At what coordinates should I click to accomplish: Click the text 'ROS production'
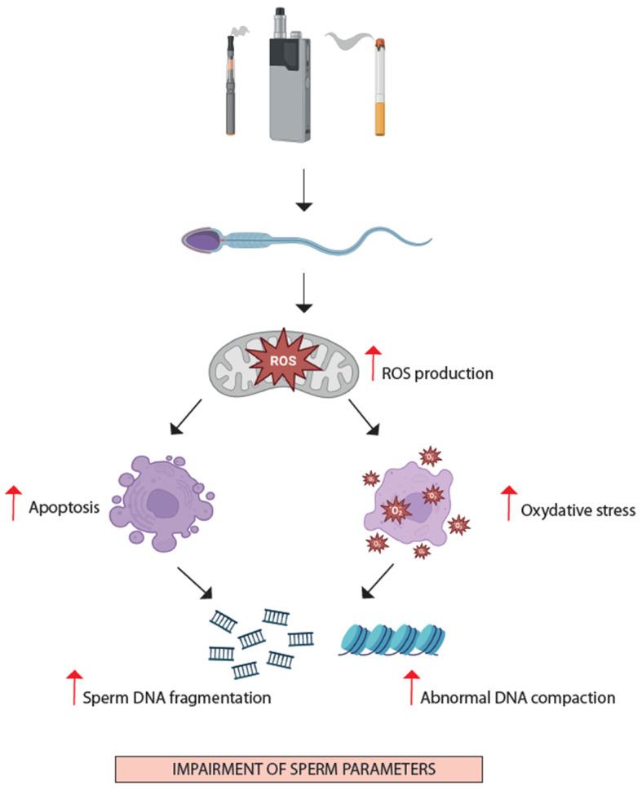point(437,374)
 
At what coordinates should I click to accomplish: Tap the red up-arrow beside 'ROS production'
point(372,364)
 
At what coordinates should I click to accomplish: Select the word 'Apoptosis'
point(64,505)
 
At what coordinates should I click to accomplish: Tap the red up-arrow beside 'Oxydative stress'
point(509,503)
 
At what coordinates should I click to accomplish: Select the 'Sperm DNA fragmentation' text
point(177,698)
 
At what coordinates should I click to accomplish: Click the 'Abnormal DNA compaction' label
point(518,698)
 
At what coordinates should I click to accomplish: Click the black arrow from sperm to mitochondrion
point(304,294)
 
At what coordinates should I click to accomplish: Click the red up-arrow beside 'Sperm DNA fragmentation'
point(74,686)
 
